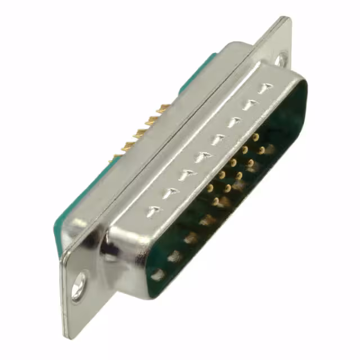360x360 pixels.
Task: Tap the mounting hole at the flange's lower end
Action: pos(79,285)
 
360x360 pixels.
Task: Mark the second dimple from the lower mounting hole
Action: pos(169,193)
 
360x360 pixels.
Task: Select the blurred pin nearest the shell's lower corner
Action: pos(158,274)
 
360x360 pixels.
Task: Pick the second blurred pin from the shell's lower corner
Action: pos(175,256)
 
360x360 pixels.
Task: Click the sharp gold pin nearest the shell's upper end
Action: pos(256,137)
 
